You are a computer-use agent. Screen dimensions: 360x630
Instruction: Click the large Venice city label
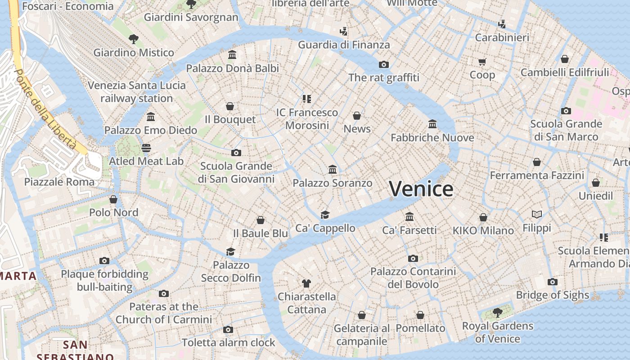coord(421,189)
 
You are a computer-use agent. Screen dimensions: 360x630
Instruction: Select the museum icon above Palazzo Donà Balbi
coord(232,55)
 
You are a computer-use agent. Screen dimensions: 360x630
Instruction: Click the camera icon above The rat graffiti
coord(383,64)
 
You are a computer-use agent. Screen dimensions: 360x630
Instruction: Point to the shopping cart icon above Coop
coord(482,62)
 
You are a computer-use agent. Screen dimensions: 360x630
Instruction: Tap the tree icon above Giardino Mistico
coord(133,39)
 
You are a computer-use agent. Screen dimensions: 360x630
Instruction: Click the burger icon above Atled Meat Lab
coord(146,148)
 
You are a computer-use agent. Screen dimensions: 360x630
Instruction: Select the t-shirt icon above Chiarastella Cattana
coord(306,283)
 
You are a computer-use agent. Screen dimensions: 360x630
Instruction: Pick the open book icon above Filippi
coord(536,214)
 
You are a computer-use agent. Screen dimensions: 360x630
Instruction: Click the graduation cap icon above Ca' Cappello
coord(325,215)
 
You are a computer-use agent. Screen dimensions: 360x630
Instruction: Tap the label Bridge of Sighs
coord(552,295)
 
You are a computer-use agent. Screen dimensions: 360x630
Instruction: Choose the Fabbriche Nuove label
coord(432,138)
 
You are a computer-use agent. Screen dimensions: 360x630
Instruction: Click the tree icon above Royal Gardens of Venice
coord(497,312)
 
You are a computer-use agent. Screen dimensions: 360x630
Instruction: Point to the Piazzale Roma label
coord(59,182)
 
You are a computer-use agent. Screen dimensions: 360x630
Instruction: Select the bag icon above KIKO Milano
coord(483,217)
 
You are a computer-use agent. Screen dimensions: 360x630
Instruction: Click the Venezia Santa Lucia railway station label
coord(136,92)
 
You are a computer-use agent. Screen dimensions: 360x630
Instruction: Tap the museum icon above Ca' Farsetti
coord(409,217)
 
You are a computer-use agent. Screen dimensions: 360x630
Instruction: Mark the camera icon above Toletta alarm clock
coord(228,329)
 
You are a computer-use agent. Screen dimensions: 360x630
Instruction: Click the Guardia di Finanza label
coord(344,45)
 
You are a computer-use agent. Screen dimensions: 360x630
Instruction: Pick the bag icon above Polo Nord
coord(113,199)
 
